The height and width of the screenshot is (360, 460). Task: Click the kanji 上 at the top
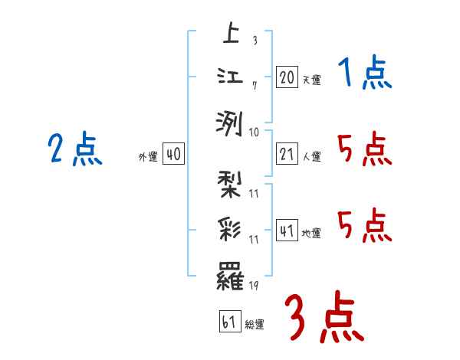(x=230, y=33)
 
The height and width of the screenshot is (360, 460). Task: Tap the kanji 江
(x=230, y=77)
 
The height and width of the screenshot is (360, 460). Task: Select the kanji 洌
(x=230, y=122)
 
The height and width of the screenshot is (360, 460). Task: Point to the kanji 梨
(x=230, y=185)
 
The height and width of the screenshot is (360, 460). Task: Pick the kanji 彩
(x=230, y=229)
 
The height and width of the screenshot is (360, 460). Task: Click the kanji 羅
(x=230, y=274)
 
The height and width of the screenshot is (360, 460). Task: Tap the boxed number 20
(x=287, y=77)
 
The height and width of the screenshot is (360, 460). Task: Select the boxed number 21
(x=287, y=154)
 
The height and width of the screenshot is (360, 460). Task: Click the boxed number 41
(x=287, y=231)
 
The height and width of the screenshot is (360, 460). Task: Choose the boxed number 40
(x=172, y=154)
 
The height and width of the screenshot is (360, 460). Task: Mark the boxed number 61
(x=229, y=322)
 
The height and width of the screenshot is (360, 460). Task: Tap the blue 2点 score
(x=74, y=149)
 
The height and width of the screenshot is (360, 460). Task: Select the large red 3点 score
(x=324, y=316)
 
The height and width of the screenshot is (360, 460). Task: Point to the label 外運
(x=148, y=157)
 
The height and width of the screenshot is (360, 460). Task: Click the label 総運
(x=255, y=325)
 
